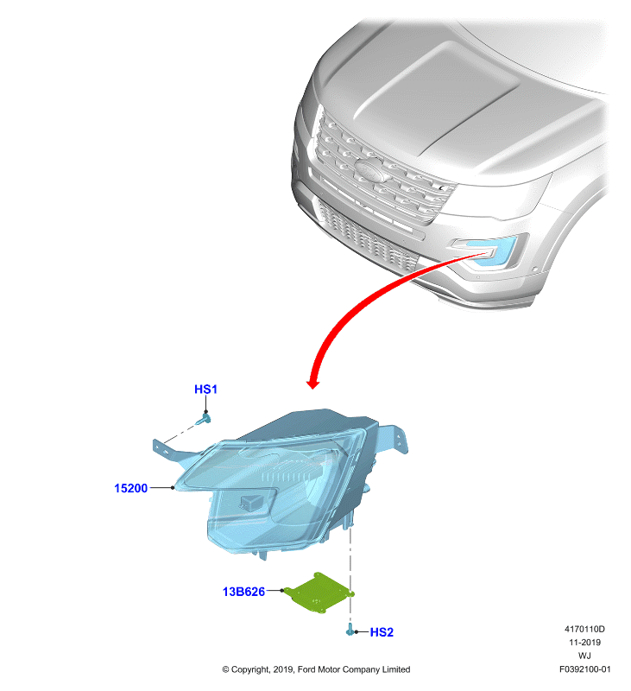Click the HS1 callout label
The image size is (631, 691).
click(205, 390)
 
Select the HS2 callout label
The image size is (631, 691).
click(382, 632)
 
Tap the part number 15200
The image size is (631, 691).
click(131, 488)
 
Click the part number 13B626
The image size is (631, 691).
click(243, 592)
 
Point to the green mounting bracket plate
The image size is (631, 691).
click(319, 593)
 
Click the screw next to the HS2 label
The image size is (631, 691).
click(350, 630)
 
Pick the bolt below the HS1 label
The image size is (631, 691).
click(204, 419)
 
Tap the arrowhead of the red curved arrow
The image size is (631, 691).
click(312, 383)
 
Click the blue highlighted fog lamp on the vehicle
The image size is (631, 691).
click(492, 251)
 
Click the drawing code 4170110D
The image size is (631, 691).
click(584, 629)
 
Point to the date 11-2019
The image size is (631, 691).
click(584, 642)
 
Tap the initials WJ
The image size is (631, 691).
click(584, 656)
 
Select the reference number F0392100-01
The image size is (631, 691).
click(584, 669)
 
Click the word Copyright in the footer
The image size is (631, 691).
click(250, 670)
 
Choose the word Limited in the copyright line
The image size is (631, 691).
click(396, 669)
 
